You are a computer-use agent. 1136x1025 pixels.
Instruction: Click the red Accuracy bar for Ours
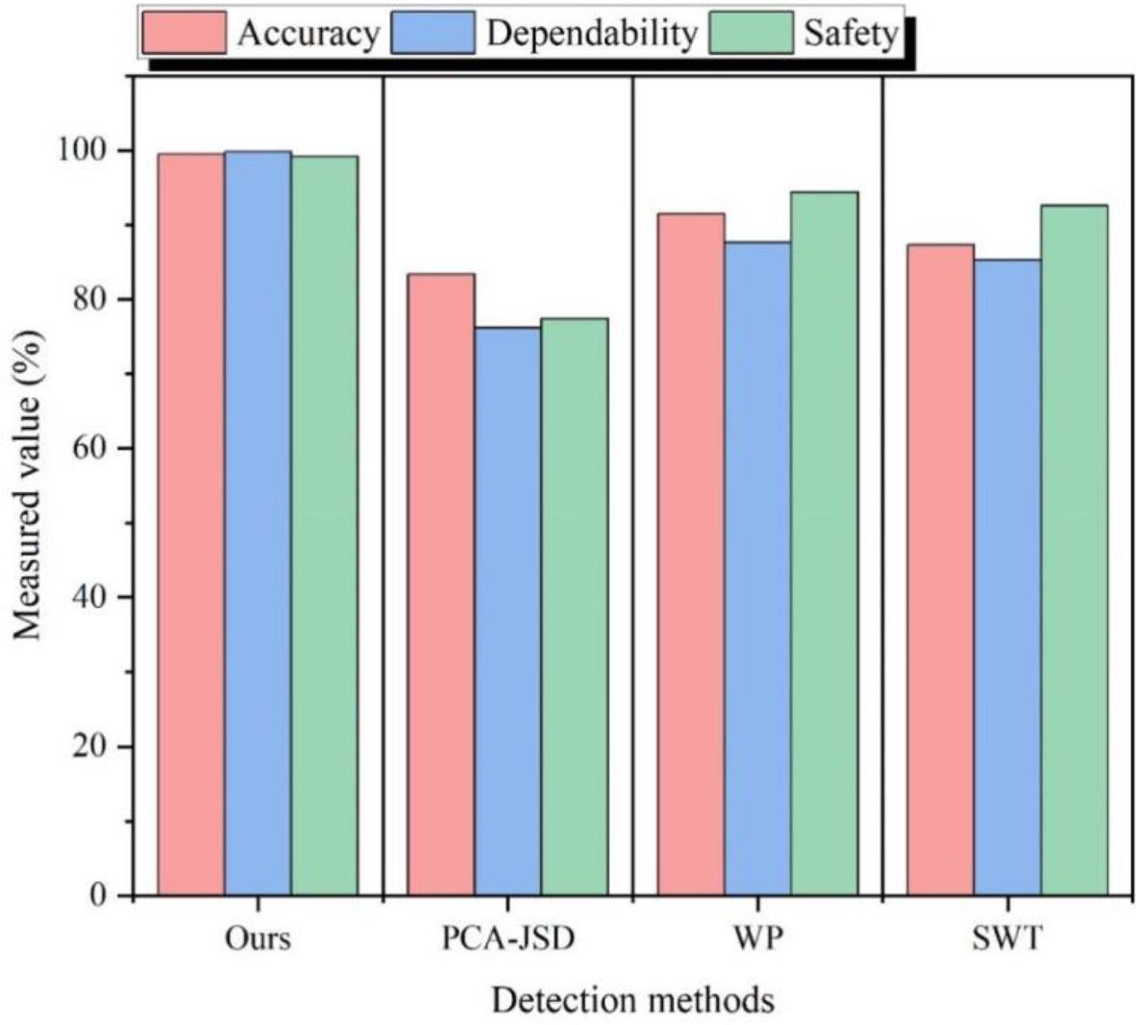click(x=191, y=524)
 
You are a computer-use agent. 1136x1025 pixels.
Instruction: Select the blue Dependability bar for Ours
click(x=258, y=523)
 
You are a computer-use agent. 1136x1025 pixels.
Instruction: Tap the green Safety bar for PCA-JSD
click(x=575, y=607)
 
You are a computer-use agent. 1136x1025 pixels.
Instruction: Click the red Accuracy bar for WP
click(x=691, y=554)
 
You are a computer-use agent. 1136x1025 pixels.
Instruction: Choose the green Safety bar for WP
click(x=825, y=543)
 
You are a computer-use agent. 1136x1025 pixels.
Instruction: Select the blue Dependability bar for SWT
click(x=1007, y=577)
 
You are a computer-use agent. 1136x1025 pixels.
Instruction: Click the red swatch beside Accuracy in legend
click(x=184, y=32)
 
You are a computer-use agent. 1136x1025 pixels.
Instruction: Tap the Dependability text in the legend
click(x=591, y=33)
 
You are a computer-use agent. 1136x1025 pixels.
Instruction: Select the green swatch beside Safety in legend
click(x=751, y=33)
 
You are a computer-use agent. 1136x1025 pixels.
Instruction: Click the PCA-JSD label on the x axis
click(x=507, y=937)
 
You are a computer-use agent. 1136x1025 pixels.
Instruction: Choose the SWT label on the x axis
click(x=1006, y=937)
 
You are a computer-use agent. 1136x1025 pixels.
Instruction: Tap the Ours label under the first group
click(x=258, y=937)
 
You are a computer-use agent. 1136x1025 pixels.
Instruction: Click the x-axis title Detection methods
click(x=632, y=1000)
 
